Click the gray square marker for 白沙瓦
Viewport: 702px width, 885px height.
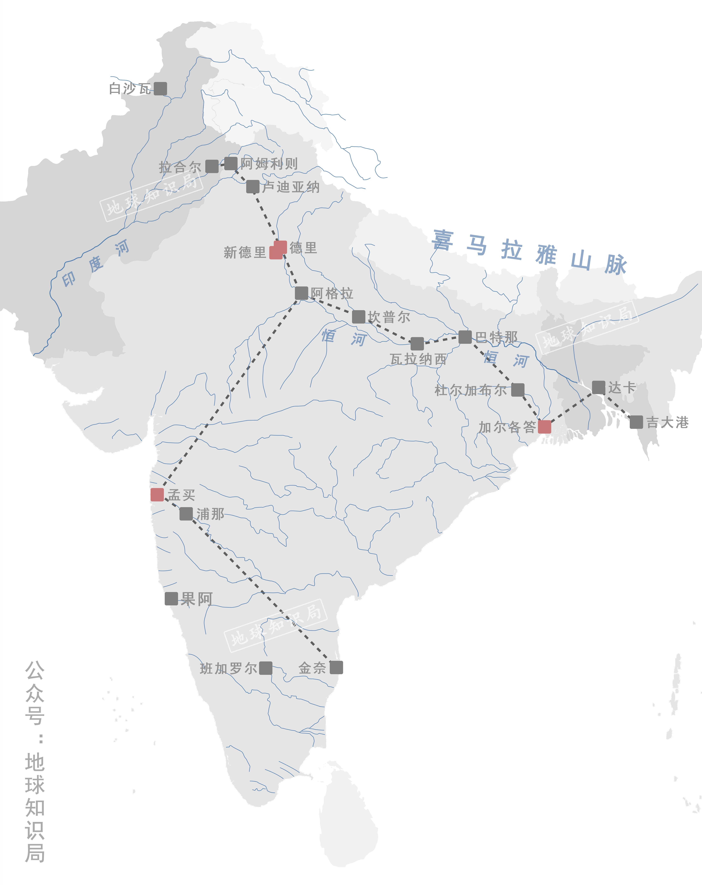[x=160, y=88]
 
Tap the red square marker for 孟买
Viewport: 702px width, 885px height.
[x=157, y=495]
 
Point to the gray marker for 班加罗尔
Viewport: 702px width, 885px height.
[x=265, y=668]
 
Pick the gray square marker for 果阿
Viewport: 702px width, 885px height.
[x=171, y=599]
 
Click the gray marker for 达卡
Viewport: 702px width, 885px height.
[x=599, y=387]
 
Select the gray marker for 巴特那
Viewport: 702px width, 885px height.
[x=465, y=337]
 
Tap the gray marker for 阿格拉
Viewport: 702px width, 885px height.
[x=302, y=293]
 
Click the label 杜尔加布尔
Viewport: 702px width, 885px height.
[x=471, y=390]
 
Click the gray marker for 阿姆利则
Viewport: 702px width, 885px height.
[x=231, y=163]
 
